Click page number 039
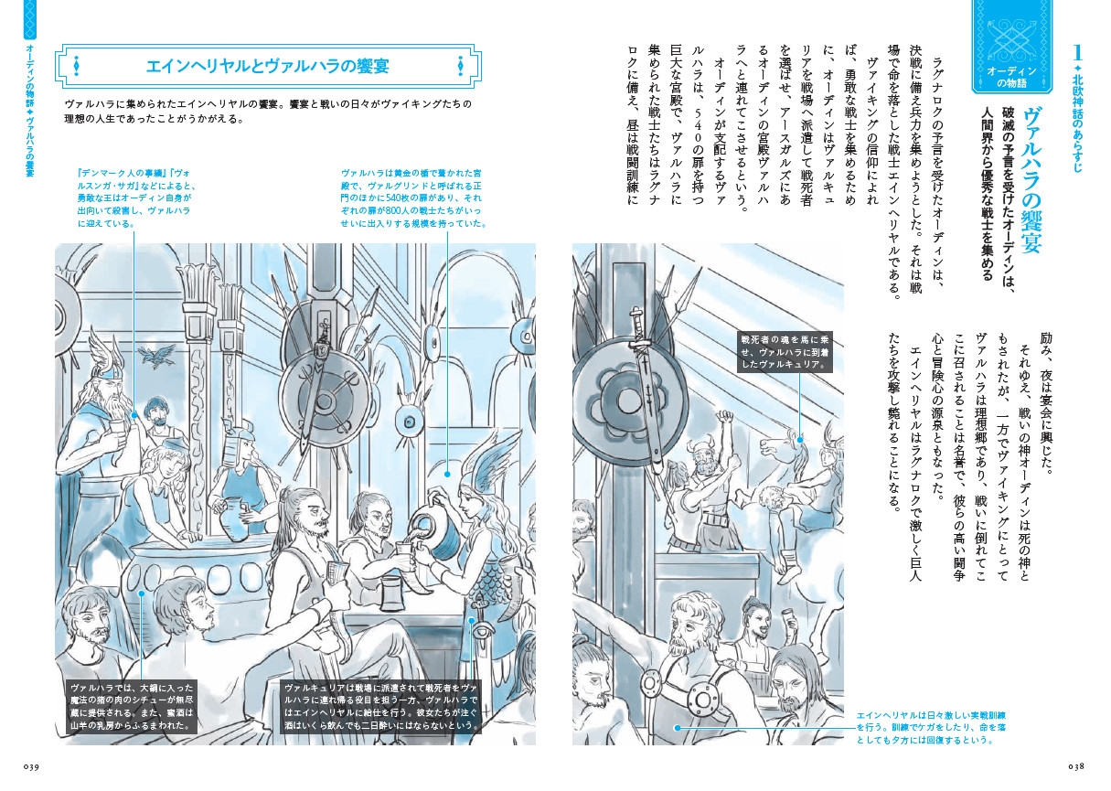tap(31, 766)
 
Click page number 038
tap(1076, 766)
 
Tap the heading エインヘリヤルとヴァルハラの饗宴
tap(268, 67)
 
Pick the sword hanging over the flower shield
tap(646, 388)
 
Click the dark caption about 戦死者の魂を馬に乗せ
tap(785, 352)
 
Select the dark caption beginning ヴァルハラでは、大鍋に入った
tap(132, 707)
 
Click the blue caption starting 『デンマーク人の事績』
tap(137, 198)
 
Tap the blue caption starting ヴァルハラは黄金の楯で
tap(412, 198)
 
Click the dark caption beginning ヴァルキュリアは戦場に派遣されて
tap(381, 707)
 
